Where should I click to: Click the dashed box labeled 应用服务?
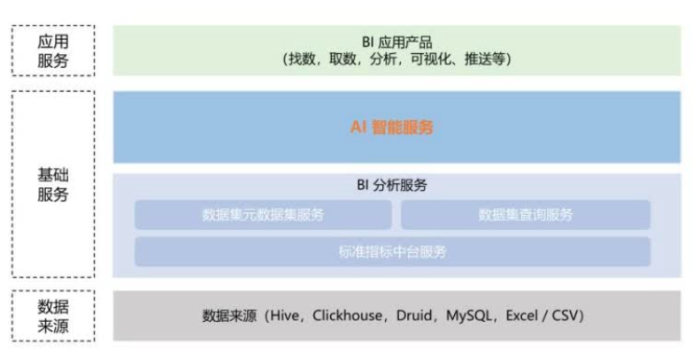(x=53, y=50)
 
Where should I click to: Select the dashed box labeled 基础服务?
(x=53, y=185)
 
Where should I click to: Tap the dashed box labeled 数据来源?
(x=53, y=316)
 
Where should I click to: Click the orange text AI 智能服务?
(x=391, y=127)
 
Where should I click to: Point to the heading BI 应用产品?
(x=391, y=42)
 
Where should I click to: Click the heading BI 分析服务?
(x=391, y=186)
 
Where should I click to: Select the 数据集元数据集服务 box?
(x=263, y=215)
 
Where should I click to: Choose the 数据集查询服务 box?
(x=526, y=215)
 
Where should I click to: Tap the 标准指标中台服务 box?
(x=391, y=252)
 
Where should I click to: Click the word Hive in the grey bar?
(x=282, y=316)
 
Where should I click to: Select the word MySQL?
(x=472, y=316)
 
